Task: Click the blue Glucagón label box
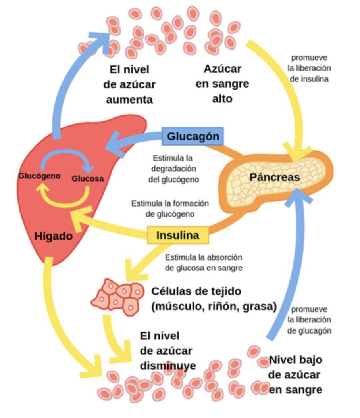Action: coord(193,136)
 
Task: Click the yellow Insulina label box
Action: coord(178,235)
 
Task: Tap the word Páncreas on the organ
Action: coord(274,177)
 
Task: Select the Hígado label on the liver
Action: coord(54,236)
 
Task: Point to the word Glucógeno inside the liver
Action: coord(39,176)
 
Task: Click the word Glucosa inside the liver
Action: coord(87,178)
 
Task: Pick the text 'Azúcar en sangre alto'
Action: coord(222,84)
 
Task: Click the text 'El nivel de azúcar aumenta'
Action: coord(129,84)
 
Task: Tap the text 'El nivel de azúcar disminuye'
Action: coord(167,351)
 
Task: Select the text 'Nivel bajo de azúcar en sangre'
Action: coord(295,375)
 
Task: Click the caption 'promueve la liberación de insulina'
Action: coord(309,68)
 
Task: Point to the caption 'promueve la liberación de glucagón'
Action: coord(309,320)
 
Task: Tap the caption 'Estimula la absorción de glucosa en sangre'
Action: coord(203,263)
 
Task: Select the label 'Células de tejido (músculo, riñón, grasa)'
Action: coord(214,299)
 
